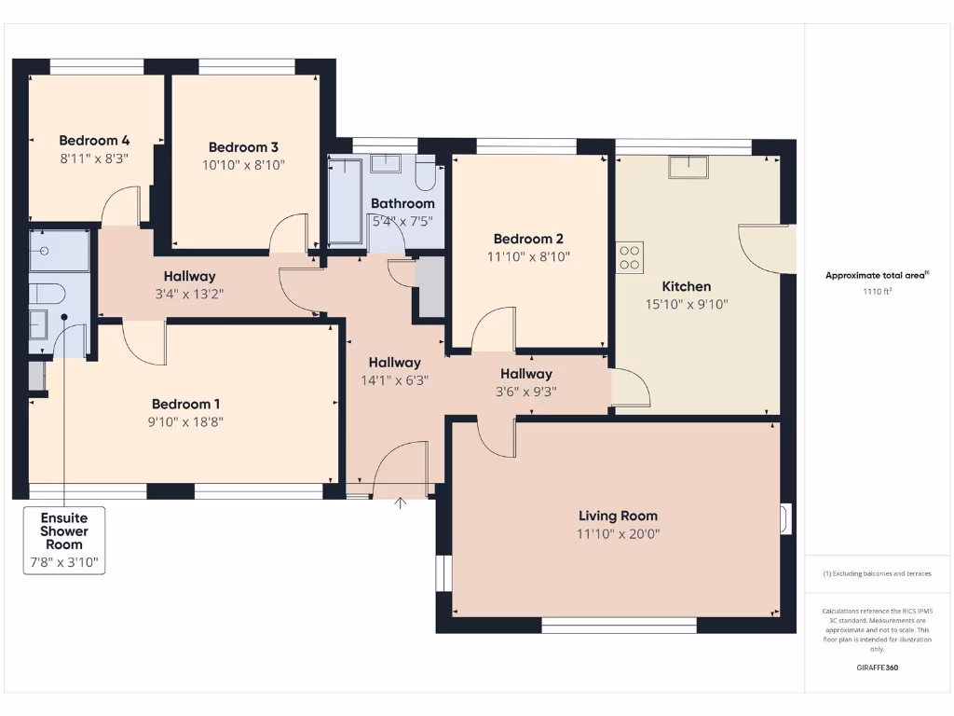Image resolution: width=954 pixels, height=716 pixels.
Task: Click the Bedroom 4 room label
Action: coord(93,141)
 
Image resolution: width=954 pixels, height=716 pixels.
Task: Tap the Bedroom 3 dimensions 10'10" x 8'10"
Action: coord(243,165)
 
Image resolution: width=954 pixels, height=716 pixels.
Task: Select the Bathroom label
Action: coord(402,203)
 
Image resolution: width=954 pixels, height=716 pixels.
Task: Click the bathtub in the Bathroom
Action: coord(346,201)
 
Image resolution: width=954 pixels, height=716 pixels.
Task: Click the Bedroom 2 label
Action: coord(528,239)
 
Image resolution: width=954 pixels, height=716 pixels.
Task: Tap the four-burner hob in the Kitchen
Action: coord(630,257)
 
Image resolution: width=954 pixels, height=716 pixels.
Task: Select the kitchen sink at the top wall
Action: coord(688,166)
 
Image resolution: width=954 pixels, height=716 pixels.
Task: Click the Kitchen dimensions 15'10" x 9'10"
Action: coord(686,304)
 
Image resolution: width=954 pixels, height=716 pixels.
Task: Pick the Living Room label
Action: coord(618,516)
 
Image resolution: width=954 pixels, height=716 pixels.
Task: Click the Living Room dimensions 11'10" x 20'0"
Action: coord(618,534)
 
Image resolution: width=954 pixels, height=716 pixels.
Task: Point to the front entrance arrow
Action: coord(401,503)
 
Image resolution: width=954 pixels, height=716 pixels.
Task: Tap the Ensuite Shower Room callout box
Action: coord(63,540)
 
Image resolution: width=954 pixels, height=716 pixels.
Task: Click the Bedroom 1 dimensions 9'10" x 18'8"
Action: coord(186,421)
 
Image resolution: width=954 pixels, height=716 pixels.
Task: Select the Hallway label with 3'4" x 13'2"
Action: coord(190,276)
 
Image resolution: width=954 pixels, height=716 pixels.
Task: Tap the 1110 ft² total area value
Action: coord(877,292)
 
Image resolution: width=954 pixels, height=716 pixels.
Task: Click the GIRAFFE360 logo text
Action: coord(877,668)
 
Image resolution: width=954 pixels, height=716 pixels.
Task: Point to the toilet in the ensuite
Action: coord(47,294)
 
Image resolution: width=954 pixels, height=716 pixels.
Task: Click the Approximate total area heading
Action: coord(877,275)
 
